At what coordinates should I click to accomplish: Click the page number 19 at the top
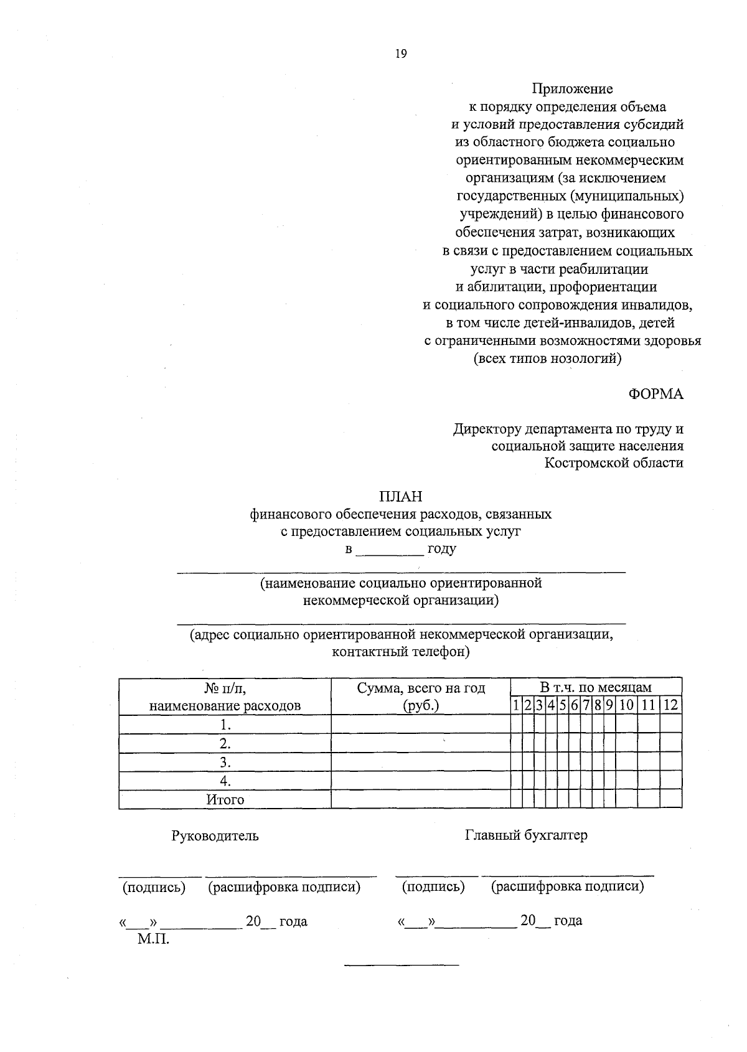(400, 54)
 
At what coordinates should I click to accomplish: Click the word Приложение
(572, 89)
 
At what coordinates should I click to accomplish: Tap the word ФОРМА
(655, 394)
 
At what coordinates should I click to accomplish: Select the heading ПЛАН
(400, 497)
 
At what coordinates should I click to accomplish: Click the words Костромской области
(614, 463)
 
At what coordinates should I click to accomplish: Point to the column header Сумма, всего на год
(421, 688)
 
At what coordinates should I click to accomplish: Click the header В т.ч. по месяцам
(596, 687)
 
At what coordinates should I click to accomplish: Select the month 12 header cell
(670, 705)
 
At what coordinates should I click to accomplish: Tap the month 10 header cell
(627, 705)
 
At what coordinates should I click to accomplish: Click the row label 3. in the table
(225, 763)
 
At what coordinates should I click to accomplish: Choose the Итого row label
(225, 800)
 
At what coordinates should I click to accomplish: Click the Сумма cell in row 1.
(420, 725)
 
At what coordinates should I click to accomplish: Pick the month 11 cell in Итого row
(649, 800)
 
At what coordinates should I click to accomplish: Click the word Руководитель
(215, 836)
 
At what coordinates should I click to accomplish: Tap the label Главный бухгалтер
(526, 835)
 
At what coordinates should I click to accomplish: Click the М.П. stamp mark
(154, 939)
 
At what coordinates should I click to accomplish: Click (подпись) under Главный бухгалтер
(433, 887)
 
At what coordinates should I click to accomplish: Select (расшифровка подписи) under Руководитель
(284, 887)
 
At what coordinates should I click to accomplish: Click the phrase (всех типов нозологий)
(548, 359)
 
